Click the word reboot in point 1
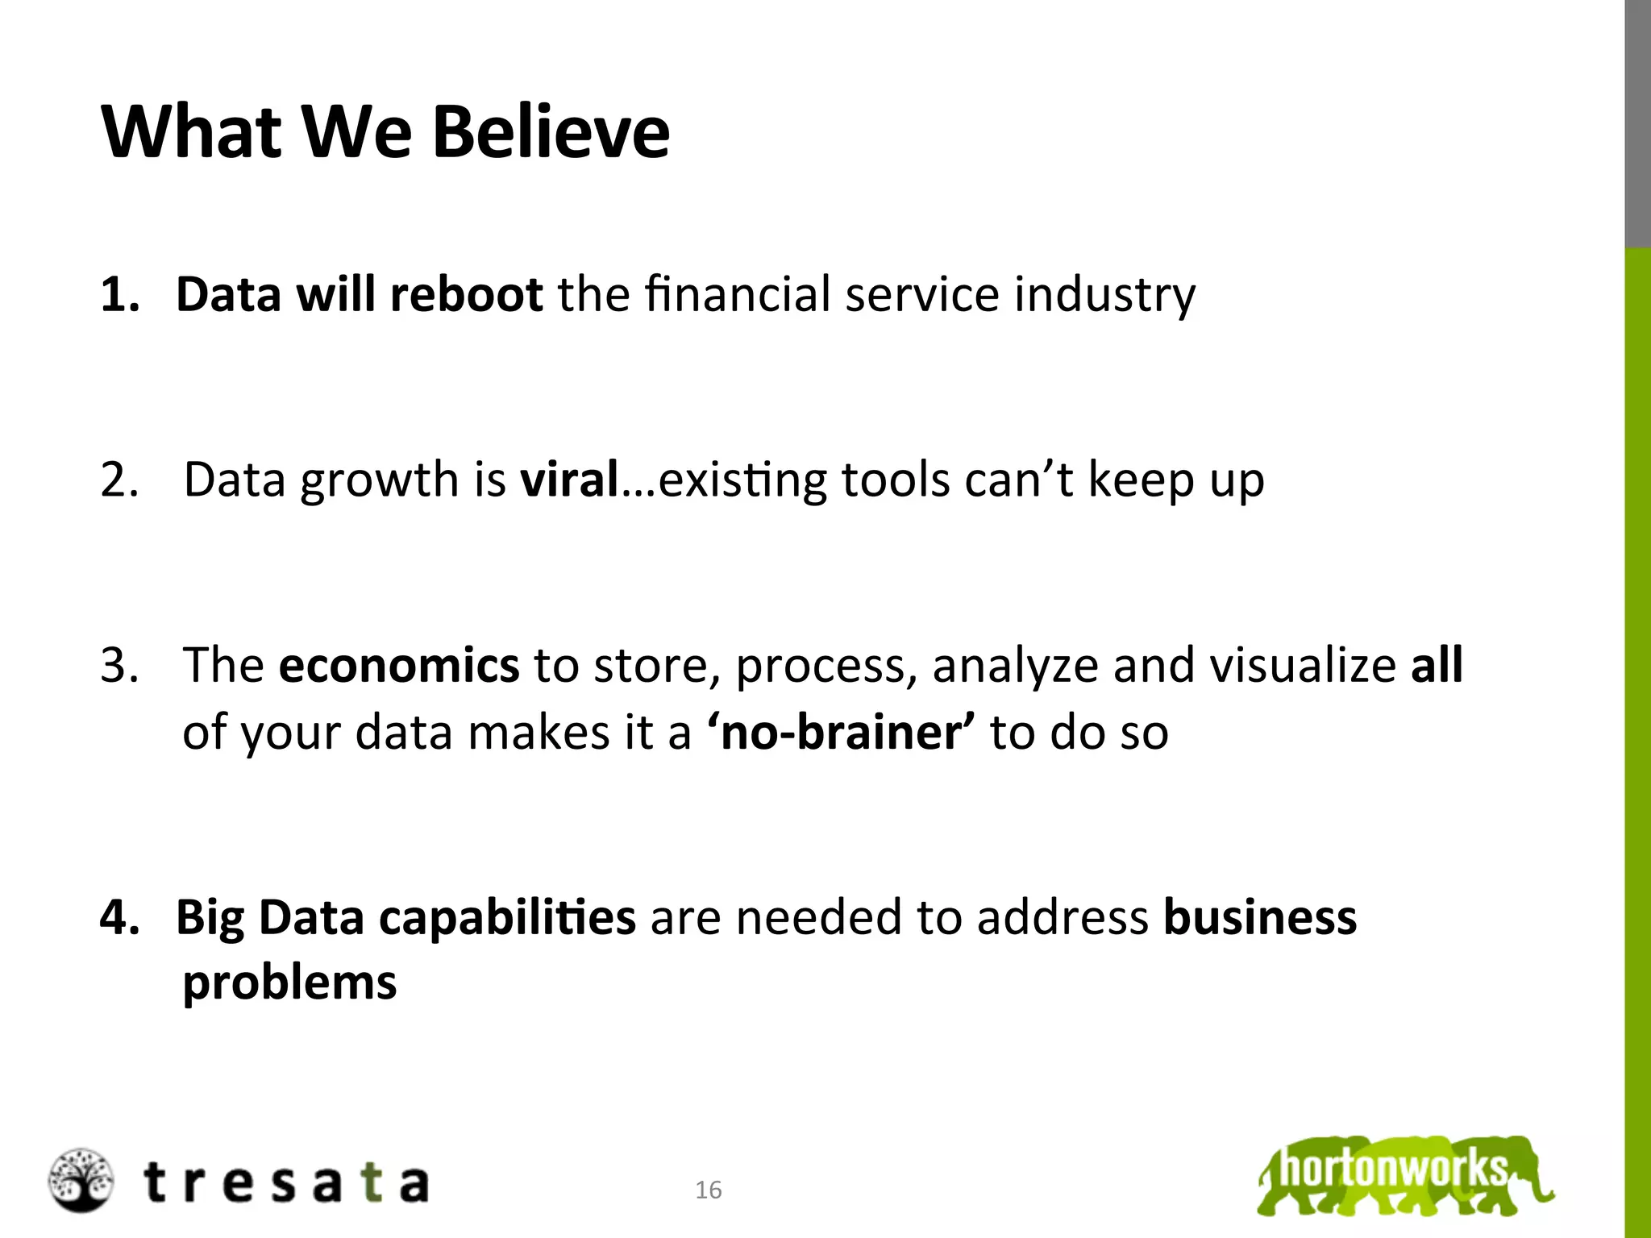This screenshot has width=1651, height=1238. pyautogui.click(x=466, y=294)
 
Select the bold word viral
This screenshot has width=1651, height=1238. pyautogui.click(x=569, y=480)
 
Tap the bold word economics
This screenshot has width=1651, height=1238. pyautogui.click(x=399, y=666)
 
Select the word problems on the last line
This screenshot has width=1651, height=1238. pyautogui.click(x=289, y=983)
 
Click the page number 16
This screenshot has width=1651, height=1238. pyautogui.click(x=709, y=1190)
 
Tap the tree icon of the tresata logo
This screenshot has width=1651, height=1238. pyautogui.click(x=80, y=1180)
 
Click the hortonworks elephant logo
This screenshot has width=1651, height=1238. pyautogui.click(x=1404, y=1174)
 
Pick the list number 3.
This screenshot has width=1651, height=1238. pyautogui.click(x=119, y=666)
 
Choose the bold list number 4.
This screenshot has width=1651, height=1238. pyautogui.click(x=119, y=918)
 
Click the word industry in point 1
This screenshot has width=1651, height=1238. pyautogui.click(x=1104, y=294)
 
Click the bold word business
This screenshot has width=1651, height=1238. pyautogui.click(x=1260, y=918)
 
